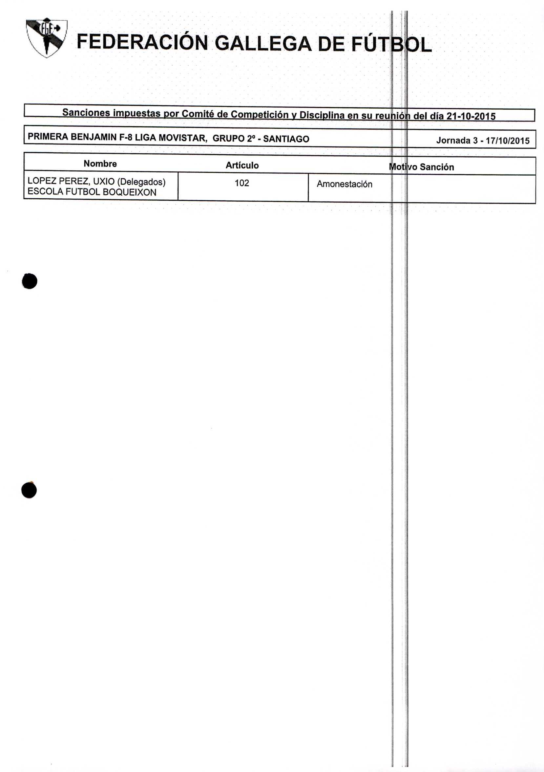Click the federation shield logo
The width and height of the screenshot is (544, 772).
[46, 38]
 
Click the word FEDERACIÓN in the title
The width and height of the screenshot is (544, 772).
[142, 43]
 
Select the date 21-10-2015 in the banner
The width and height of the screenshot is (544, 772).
[471, 116]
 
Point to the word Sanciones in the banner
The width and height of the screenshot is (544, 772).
[86, 112]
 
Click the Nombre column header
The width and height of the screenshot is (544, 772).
[100, 164]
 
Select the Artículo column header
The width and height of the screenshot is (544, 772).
[242, 165]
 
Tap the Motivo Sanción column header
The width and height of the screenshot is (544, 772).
[421, 167]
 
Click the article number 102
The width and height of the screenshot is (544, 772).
[242, 183]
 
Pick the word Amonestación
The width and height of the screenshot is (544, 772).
[345, 184]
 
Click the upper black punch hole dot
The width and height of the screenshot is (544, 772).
[30, 281]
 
